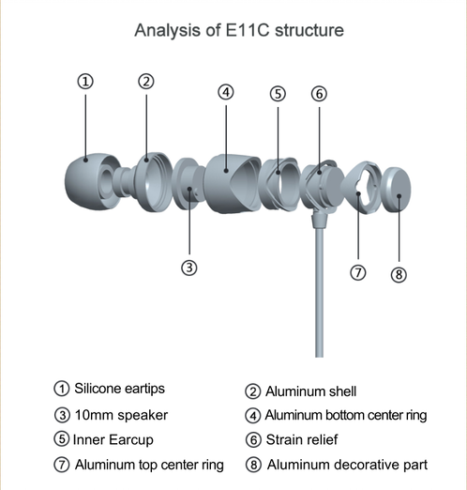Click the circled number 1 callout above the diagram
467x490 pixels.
(85, 82)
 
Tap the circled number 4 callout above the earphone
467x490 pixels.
(226, 92)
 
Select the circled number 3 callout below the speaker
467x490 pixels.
(189, 268)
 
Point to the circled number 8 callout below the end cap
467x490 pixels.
(399, 275)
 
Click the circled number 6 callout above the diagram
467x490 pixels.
(319, 94)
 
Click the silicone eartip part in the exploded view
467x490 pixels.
(91, 181)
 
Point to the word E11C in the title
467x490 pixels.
(247, 30)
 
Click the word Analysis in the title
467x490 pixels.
(168, 30)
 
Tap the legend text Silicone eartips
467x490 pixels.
(119, 389)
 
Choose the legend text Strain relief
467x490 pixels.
(302, 439)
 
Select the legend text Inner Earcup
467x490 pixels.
(113, 439)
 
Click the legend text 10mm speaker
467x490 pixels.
(121, 415)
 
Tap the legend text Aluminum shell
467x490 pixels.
(311, 391)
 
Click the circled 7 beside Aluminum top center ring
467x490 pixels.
(62, 465)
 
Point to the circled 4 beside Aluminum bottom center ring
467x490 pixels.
(253, 416)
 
